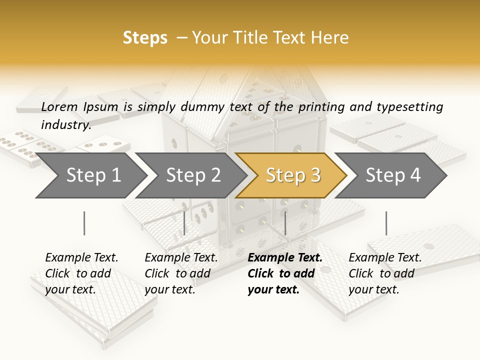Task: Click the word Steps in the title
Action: pyautogui.click(x=145, y=38)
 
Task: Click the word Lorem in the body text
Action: pyautogui.click(x=59, y=106)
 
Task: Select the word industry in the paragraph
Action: pyautogui.click(x=65, y=125)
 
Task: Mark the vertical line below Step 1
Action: pyautogui.click(x=84, y=223)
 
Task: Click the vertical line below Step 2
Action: pyautogui.click(x=184, y=223)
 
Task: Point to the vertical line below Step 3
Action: pyautogui.click(x=285, y=223)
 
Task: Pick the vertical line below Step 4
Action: pyautogui.click(x=386, y=223)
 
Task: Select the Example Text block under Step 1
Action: pyautogui.click(x=81, y=273)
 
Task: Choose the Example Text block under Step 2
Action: pyautogui.click(x=181, y=273)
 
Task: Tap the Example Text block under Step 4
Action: pyautogui.click(x=385, y=273)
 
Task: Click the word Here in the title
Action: pyautogui.click(x=330, y=38)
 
